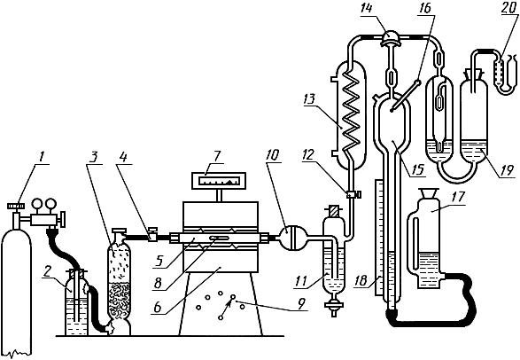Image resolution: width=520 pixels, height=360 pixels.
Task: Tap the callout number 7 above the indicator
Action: click(217, 157)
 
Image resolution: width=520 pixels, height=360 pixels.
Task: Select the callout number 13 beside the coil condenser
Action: click(310, 99)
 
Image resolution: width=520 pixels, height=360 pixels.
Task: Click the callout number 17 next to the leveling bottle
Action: click(458, 197)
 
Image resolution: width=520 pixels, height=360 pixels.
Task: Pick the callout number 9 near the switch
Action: click(301, 304)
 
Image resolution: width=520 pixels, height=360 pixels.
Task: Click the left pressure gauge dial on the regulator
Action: click(36, 203)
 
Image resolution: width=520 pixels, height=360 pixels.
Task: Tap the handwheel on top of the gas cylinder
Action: click(16, 207)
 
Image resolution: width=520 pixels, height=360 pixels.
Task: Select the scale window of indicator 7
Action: click(219, 181)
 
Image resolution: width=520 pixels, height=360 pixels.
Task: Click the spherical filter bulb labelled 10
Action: click(291, 238)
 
